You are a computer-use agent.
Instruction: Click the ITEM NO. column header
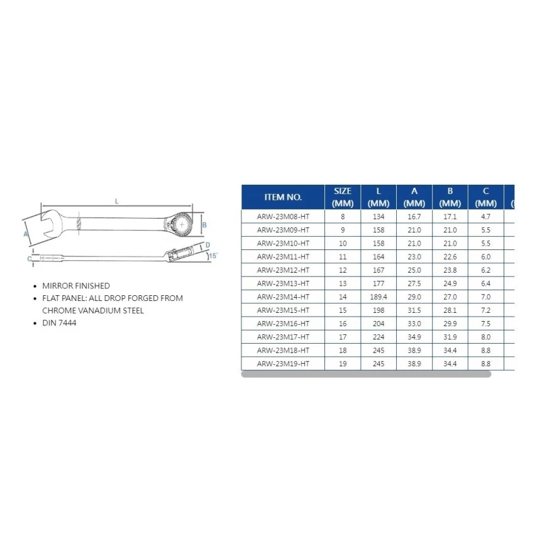pyautogui.click(x=283, y=197)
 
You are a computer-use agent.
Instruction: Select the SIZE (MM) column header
pyautogui.click(x=343, y=197)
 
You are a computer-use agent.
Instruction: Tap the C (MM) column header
pyautogui.click(x=486, y=197)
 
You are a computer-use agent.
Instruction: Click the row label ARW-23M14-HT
pyautogui.click(x=283, y=297)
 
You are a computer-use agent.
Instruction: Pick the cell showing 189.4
pyautogui.click(x=379, y=297)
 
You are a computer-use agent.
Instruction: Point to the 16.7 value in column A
pyautogui.click(x=414, y=217)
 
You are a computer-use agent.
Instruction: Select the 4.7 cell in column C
pyautogui.click(x=486, y=217)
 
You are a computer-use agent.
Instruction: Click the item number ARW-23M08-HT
pyautogui.click(x=283, y=217)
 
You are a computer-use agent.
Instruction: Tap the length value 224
pyautogui.click(x=379, y=337)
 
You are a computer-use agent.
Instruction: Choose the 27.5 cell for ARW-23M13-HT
pyautogui.click(x=414, y=283)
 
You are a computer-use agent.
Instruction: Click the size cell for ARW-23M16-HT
pyautogui.click(x=343, y=324)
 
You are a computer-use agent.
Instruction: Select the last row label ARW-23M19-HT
pyautogui.click(x=283, y=363)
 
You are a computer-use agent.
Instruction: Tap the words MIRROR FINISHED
pyautogui.click(x=76, y=286)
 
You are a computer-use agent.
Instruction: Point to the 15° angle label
pyautogui.click(x=213, y=256)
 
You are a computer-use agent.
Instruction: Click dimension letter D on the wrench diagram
pyautogui.click(x=207, y=246)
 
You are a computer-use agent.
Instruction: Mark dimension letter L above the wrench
pyautogui.click(x=117, y=201)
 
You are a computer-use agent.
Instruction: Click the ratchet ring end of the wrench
pyautogui.click(x=182, y=223)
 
